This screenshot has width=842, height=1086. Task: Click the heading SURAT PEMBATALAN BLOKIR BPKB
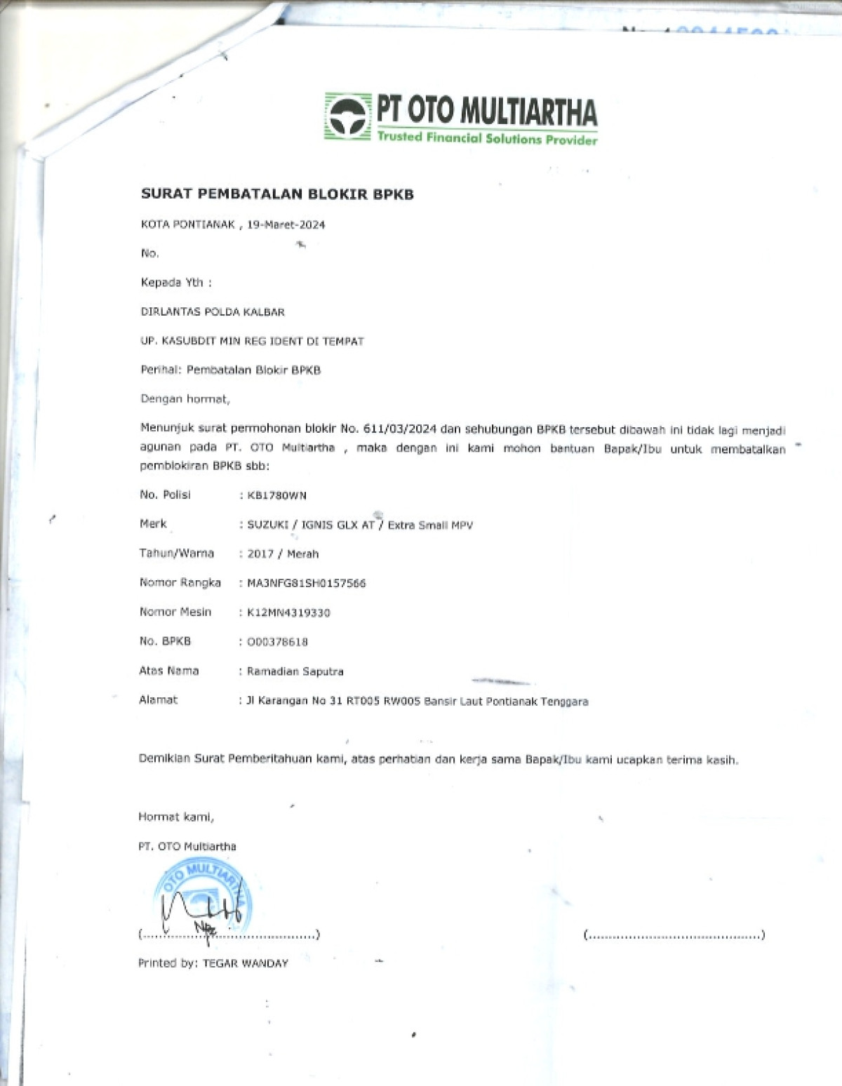pos(277,194)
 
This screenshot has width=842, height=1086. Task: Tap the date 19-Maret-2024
pos(286,225)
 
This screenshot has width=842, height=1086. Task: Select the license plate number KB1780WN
pos(276,495)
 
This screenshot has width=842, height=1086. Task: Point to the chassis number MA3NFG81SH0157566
pos(306,583)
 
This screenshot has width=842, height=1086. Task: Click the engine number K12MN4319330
pos(288,612)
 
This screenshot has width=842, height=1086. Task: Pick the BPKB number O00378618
pos(277,642)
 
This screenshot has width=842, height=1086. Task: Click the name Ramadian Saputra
pos(295,671)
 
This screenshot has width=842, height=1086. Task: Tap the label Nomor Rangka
pos(180,582)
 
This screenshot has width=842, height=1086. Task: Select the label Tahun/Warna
pos(176,553)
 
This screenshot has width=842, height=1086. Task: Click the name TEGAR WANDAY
pos(245,964)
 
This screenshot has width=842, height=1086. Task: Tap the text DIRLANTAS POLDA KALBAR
pos(213,311)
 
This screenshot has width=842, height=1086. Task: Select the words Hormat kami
pos(175,817)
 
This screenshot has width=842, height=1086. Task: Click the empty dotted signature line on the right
pos(674,935)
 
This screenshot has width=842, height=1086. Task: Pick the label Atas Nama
pos(168,671)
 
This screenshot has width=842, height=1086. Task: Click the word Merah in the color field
pos(302,554)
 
